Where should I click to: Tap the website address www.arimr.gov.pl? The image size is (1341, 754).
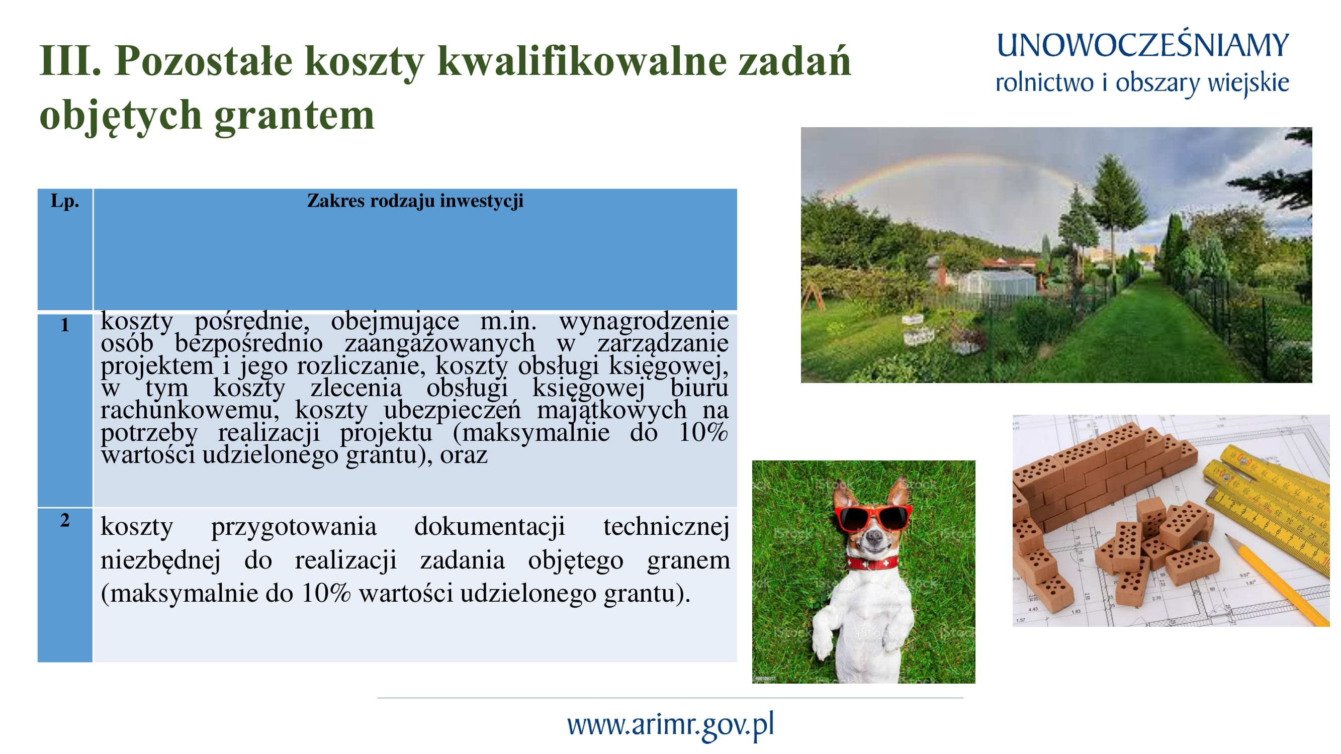pyautogui.click(x=671, y=724)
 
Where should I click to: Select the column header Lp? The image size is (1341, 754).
pyautogui.click(x=64, y=201)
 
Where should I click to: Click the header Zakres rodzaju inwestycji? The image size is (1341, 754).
pyautogui.click(x=415, y=201)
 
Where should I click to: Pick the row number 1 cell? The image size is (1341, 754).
pyautogui.click(x=64, y=325)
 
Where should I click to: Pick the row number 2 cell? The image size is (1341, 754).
pyautogui.click(x=64, y=520)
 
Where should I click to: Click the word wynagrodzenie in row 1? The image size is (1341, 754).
pyautogui.click(x=644, y=321)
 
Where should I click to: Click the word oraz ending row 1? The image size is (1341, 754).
pyautogui.click(x=463, y=455)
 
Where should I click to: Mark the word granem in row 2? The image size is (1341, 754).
pyautogui.click(x=688, y=561)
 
